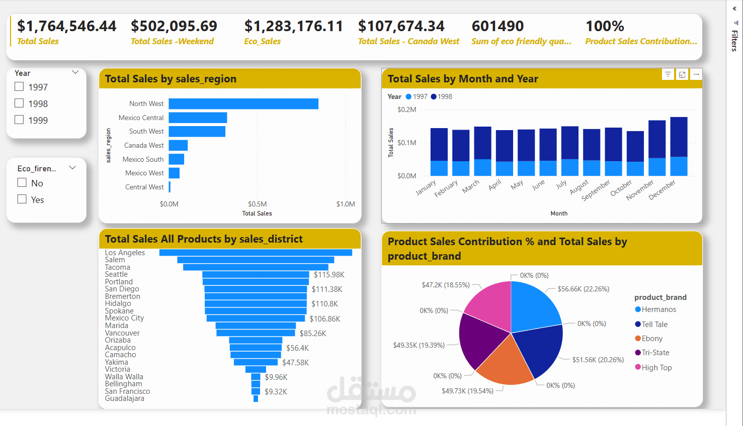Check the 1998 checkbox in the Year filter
(x=19, y=103)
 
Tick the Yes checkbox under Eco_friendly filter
(x=22, y=199)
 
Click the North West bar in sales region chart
(x=243, y=103)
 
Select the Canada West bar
(x=178, y=145)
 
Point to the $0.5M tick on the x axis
(x=257, y=204)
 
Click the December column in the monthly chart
(x=679, y=146)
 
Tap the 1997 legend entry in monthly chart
(x=417, y=96)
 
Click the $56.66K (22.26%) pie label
(x=584, y=289)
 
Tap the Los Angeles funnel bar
(x=256, y=252)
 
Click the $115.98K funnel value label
(x=329, y=275)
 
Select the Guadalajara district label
(x=124, y=398)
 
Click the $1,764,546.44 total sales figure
(x=67, y=26)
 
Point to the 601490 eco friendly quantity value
(x=498, y=26)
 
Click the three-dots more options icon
(x=696, y=74)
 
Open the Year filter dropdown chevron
(x=75, y=72)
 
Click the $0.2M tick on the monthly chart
(x=406, y=110)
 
